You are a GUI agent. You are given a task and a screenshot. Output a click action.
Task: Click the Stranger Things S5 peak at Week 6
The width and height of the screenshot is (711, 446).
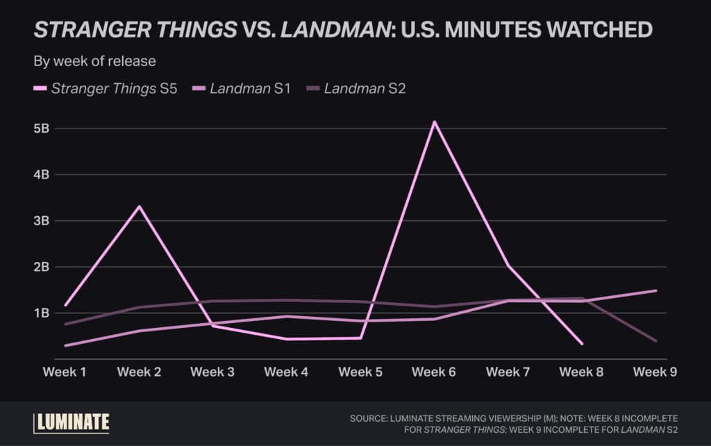pos(435,122)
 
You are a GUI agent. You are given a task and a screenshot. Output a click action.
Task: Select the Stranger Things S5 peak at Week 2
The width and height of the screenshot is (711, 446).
pos(139,206)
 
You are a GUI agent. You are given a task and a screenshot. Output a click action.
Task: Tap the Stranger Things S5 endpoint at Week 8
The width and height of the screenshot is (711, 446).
pos(582,344)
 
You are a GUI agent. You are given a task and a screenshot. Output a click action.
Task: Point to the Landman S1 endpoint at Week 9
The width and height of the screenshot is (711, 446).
pos(655,290)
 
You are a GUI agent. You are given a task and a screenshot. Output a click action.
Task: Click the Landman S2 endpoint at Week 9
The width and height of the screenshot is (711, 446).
pos(655,340)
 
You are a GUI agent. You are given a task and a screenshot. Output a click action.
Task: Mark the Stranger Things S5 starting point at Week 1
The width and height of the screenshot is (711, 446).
pos(65,305)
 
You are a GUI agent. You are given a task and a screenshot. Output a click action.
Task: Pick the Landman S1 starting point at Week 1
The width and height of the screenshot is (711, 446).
pos(65,345)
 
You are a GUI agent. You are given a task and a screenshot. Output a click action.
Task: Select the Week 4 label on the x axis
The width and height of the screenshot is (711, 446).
pos(286,372)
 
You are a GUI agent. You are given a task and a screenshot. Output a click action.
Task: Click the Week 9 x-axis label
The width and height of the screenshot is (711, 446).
pos(655,372)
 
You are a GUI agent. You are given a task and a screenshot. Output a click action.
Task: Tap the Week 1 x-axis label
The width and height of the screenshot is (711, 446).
pos(65,372)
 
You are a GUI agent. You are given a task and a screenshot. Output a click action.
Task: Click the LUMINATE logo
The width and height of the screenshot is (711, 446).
pos(72,422)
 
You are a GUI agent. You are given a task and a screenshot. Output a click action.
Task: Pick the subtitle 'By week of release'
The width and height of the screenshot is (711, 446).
pos(94,61)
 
